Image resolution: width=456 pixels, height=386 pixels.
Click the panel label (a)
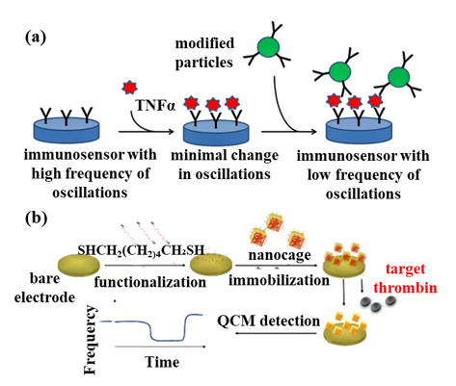pyautogui.click(x=36, y=38)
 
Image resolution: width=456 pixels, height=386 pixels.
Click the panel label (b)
pyautogui.click(x=37, y=219)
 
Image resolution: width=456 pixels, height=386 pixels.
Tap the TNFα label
pyautogui.click(x=155, y=105)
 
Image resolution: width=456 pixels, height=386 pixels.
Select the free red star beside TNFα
pyautogui.click(x=130, y=88)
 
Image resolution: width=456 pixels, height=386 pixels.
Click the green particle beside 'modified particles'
pyautogui.click(x=269, y=47)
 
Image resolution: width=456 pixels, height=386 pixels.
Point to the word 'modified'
pyautogui.click(x=204, y=43)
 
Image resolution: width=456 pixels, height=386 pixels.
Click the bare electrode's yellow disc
pyautogui.click(x=79, y=265)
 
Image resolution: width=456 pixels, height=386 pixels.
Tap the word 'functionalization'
pyautogui.click(x=150, y=282)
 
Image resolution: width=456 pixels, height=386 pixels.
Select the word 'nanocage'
pyautogui.click(x=280, y=255)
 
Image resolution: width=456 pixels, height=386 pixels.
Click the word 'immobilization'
pyautogui.click(x=279, y=280)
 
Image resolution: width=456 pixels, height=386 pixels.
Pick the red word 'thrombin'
pyautogui.click(x=405, y=287)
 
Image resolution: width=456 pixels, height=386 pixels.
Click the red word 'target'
pyautogui.click(x=405, y=269)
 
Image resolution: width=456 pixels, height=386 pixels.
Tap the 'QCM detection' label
pyautogui.click(x=269, y=321)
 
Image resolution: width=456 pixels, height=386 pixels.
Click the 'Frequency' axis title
pyautogui.click(x=90, y=340)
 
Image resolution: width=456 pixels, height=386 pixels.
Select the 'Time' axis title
pyautogui.click(x=162, y=362)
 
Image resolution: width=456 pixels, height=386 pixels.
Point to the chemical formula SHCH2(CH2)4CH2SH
pyautogui.click(x=141, y=250)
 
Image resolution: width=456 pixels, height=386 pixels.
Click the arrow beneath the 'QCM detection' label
pyautogui.click(x=276, y=333)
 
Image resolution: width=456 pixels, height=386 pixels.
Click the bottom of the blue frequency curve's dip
pyautogui.click(x=168, y=340)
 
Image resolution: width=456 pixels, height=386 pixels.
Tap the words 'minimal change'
pyautogui.click(x=225, y=155)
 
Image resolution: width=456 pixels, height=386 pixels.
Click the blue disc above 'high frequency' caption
pyautogui.click(x=67, y=130)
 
